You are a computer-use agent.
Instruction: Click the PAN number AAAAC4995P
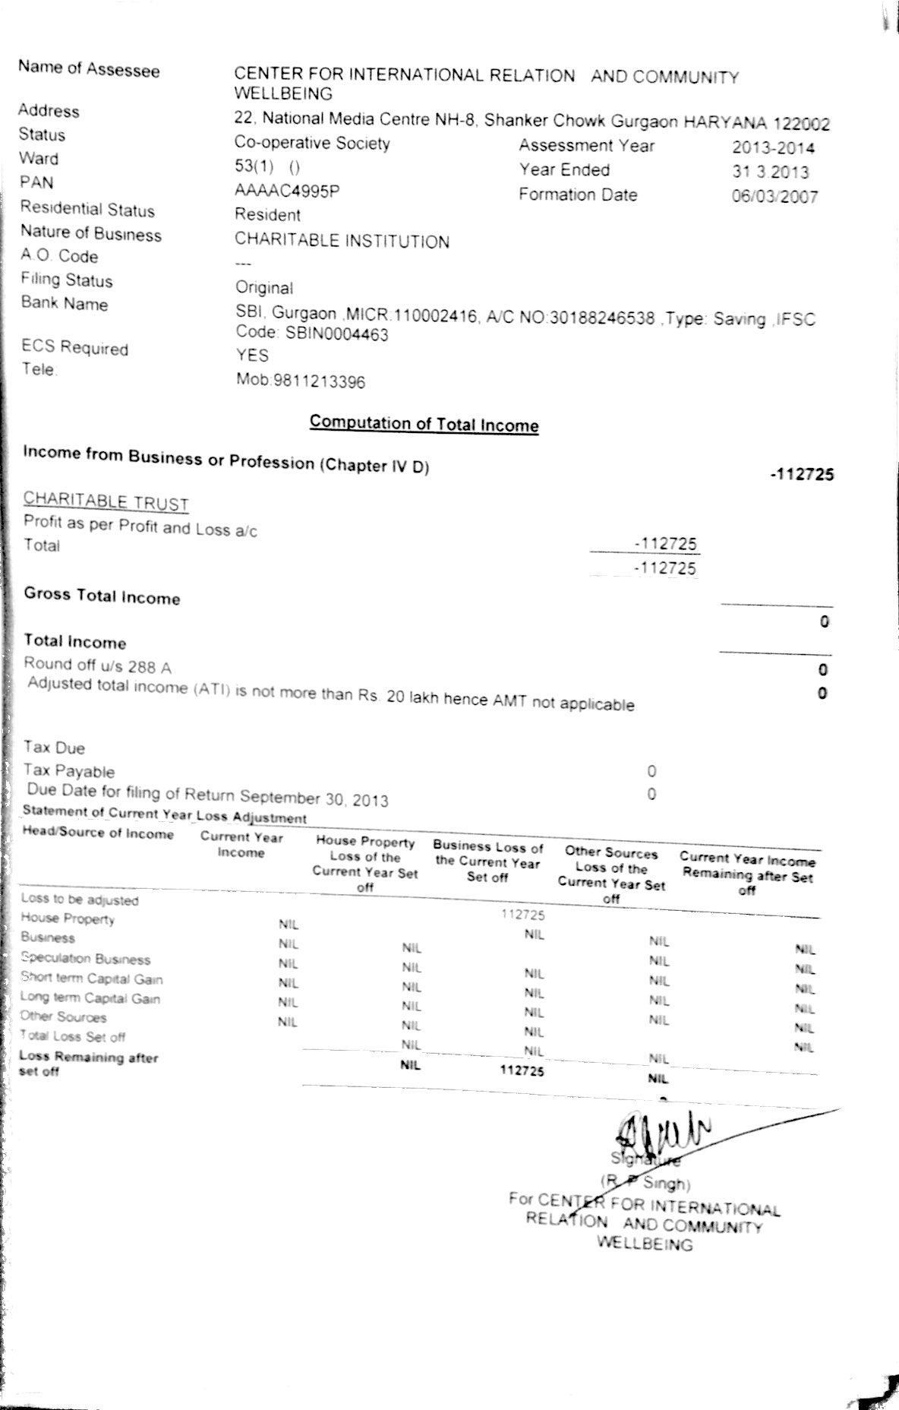(x=286, y=191)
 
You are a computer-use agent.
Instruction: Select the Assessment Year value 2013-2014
(x=773, y=147)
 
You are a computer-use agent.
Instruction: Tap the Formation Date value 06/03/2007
(x=774, y=197)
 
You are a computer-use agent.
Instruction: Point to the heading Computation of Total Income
(x=424, y=423)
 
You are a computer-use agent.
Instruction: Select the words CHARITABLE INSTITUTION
(x=342, y=241)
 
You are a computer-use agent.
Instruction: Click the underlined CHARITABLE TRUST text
(x=106, y=501)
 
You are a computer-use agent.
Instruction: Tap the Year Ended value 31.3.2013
(x=770, y=172)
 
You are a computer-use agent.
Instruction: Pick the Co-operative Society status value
(x=312, y=143)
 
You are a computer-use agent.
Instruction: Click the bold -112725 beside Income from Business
(x=801, y=474)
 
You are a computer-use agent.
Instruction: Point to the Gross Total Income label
(x=102, y=596)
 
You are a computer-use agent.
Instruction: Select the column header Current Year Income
(x=241, y=844)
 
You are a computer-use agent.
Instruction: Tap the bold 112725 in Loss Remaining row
(x=522, y=1070)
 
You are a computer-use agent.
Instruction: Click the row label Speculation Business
(x=85, y=959)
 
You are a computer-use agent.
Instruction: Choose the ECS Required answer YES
(x=252, y=355)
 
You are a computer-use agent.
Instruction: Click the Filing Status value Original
(x=263, y=287)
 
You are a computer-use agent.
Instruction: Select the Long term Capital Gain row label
(x=90, y=998)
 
